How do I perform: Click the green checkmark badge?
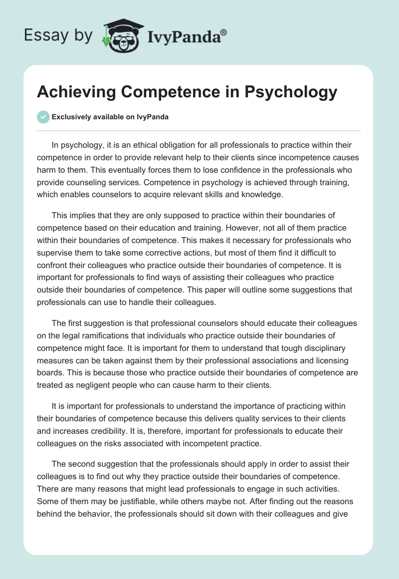click(43, 117)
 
